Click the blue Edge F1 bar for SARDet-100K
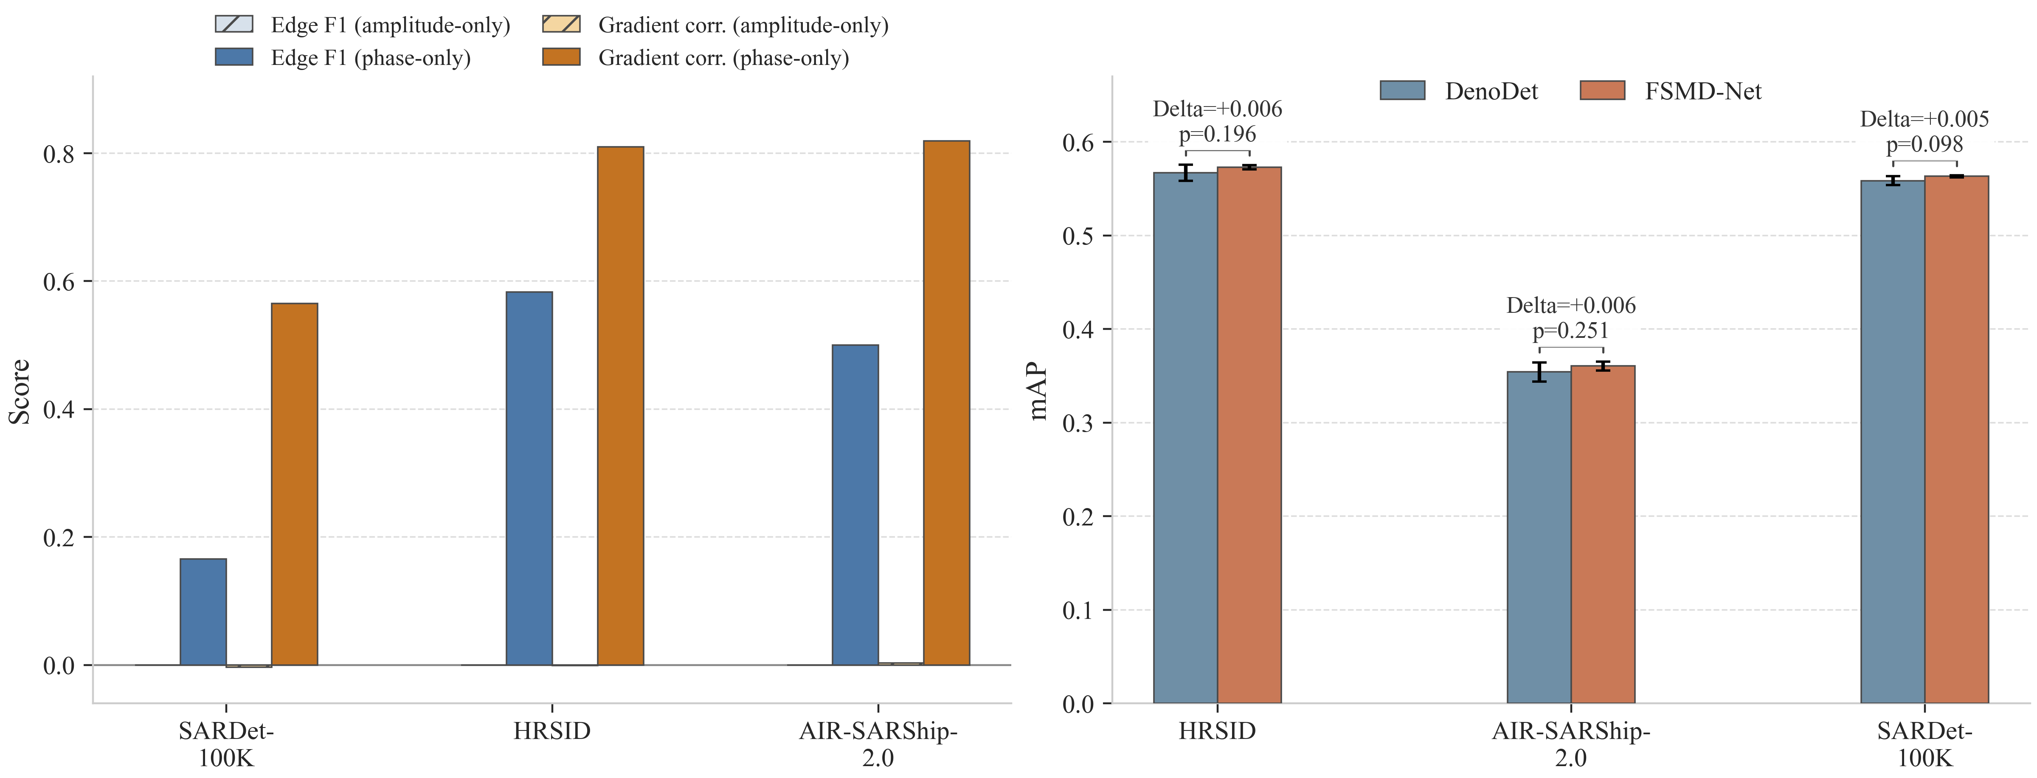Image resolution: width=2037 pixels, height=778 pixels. pyautogui.click(x=203, y=612)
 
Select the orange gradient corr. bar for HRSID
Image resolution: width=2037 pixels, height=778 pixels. pyautogui.click(x=621, y=406)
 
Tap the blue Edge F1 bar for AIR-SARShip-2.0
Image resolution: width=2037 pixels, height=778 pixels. pyautogui.click(x=855, y=505)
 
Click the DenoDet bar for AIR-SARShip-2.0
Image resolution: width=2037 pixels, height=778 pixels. pyautogui.click(x=1539, y=538)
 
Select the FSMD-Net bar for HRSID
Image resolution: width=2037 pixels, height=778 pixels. pyautogui.click(x=1249, y=435)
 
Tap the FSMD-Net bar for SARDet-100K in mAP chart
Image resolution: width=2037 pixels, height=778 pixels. pyautogui.click(x=1956, y=440)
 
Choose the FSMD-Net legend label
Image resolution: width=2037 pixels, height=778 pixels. pyautogui.click(x=1703, y=91)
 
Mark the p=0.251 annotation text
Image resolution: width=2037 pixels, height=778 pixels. pyautogui.click(x=1570, y=331)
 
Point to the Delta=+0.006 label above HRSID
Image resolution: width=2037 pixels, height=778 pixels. pyautogui.click(x=1218, y=108)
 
